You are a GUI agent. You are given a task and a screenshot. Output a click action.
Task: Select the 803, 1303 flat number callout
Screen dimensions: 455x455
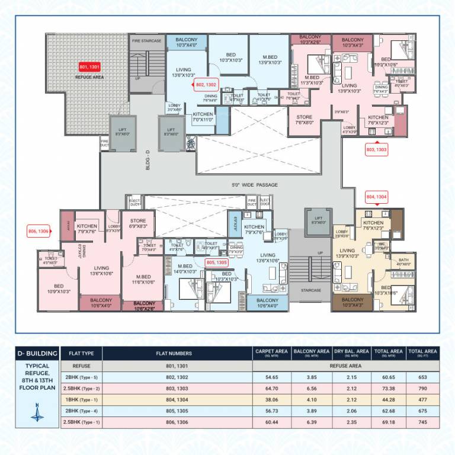377,149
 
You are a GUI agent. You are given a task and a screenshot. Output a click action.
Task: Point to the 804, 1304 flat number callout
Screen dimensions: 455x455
377,196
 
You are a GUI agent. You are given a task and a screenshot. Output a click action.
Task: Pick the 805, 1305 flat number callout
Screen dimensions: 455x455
216,261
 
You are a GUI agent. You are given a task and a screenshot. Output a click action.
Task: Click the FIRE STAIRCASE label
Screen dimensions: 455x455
147,41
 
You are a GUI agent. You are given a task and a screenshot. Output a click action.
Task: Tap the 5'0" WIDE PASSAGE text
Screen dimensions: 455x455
255,185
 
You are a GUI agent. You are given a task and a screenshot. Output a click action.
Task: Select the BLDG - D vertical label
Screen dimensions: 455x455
148,160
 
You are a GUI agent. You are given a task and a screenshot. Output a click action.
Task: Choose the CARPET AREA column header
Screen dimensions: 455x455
271,353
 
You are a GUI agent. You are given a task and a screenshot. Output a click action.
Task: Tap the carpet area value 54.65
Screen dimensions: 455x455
271,377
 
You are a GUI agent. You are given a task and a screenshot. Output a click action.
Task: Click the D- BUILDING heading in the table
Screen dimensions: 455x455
38,354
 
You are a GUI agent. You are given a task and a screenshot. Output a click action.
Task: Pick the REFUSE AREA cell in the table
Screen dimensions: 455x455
346,366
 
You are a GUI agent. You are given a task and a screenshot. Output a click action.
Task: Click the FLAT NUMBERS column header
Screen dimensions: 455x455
177,354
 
